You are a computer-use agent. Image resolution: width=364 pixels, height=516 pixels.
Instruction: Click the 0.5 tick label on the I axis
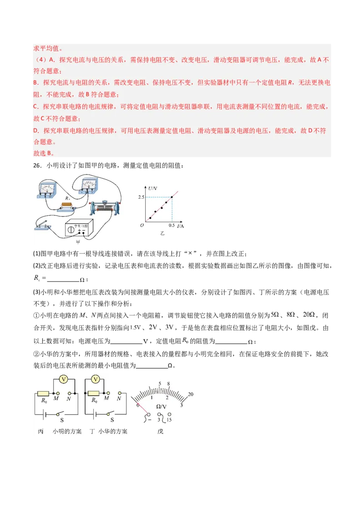pos(171,226)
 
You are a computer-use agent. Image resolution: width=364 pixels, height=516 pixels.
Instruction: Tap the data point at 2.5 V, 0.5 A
pos(172,196)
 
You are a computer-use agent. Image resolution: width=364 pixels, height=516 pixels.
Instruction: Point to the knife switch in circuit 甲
pos(44,226)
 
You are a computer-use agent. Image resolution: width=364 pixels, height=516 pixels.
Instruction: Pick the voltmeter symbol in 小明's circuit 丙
pos(64,379)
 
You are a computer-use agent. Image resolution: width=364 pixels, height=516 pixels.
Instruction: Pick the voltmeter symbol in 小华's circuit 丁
pos(96,379)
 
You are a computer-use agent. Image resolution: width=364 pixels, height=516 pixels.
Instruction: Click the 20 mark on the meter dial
pos(191,394)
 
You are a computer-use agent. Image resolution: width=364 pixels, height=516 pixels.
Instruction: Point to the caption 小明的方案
pos(67,431)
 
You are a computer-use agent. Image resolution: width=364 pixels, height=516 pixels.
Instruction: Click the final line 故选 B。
pos(44,154)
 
